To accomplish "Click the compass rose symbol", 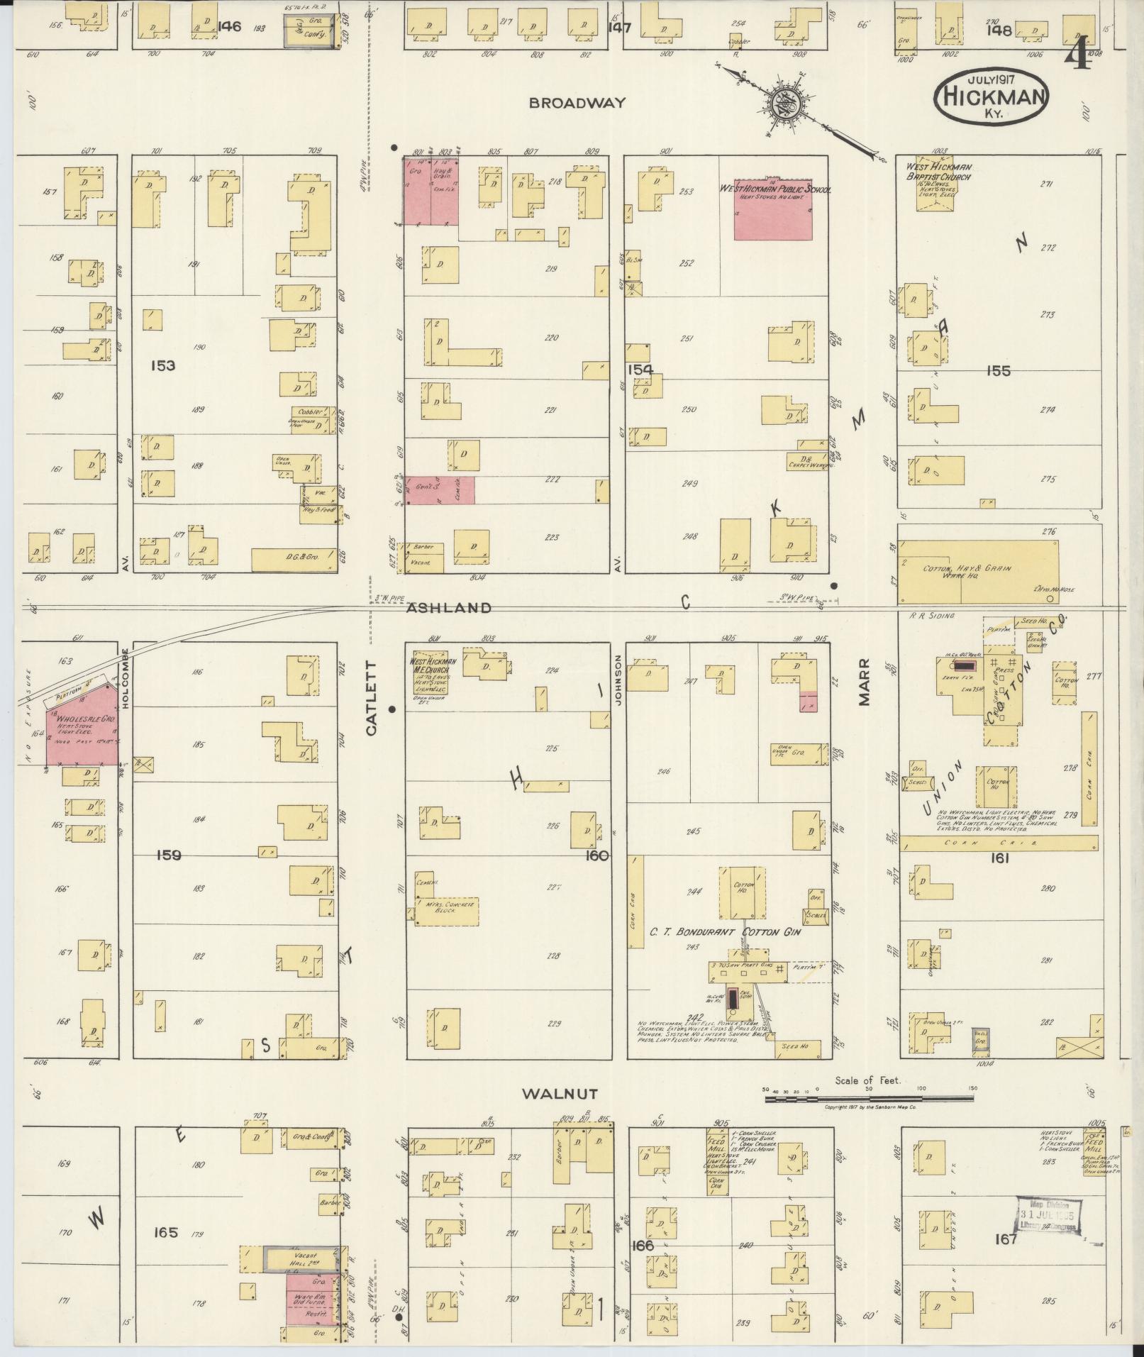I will click(x=790, y=103).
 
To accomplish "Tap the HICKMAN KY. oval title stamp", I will click(x=991, y=99).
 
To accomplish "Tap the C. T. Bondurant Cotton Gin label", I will click(x=726, y=931).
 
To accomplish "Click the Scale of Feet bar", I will click(x=870, y=1100).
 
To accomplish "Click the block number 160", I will click(x=598, y=855).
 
